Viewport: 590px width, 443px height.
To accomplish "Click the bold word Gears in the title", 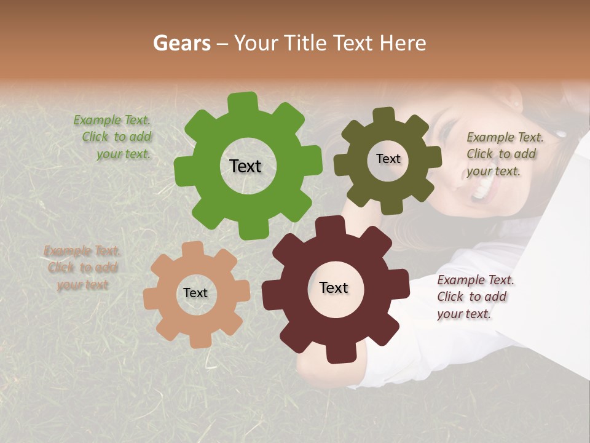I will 182,43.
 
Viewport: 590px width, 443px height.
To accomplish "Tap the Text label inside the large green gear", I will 245,166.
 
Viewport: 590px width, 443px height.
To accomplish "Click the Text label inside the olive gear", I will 388,159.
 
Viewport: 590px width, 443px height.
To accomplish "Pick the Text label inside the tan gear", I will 195,293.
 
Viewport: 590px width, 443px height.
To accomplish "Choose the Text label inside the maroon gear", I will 334,288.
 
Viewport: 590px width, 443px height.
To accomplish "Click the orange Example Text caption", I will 82,268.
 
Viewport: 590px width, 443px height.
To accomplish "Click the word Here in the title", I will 403,43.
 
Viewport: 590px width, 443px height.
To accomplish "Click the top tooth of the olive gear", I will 383,116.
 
